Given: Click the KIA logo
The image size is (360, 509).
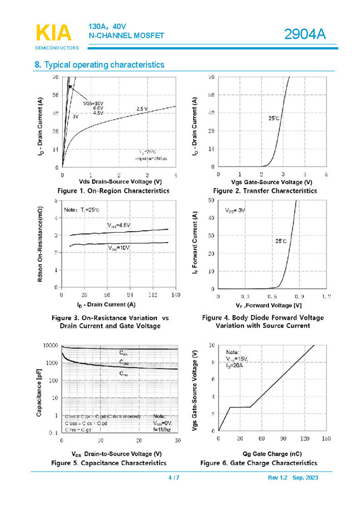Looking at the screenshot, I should [x=54, y=34].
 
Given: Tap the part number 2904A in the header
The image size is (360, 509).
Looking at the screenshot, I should [x=305, y=35].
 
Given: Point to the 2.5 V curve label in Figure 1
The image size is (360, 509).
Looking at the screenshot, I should [x=142, y=109].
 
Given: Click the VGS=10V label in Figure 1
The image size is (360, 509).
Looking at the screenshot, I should [x=94, y=103].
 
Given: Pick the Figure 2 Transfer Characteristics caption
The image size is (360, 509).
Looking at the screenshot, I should [x=265, y=190].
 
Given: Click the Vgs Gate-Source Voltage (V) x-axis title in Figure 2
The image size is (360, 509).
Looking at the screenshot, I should [x=271, y=182].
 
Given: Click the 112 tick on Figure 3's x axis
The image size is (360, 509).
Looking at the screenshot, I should [x=153, y=296].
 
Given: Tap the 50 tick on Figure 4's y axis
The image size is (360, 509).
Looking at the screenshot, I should [x=211, y=200].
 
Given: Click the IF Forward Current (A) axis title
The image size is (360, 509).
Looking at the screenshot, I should [x=195, y=244].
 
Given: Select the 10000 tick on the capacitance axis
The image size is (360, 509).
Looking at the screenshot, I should [x=50, y=345].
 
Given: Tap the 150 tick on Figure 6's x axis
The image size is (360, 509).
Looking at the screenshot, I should [x=326, y=439].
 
